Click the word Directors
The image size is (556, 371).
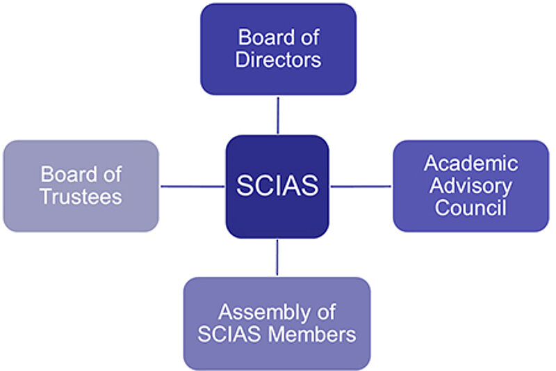coord(278,60)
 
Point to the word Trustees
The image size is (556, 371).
coord(81,197)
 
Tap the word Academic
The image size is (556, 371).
coord(471,164)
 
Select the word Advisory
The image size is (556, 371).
coord(471,186)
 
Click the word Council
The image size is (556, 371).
coord(471,207)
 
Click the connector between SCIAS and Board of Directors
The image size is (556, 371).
coord(278,115)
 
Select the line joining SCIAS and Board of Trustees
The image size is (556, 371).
coord(193,186)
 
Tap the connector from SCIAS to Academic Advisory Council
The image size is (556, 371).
coord(361,186)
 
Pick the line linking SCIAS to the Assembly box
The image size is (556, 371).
coord(277,258)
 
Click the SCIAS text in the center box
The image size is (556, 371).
coord(277,186)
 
